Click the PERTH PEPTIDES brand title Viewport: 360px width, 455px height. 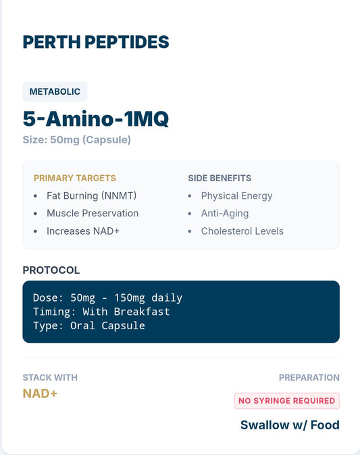[96, 42]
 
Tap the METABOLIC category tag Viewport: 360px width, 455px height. [55, 91]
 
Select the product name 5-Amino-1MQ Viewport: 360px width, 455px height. [96, 119]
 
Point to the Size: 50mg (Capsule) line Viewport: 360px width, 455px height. [76, 140]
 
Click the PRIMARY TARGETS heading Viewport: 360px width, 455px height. [74, 178]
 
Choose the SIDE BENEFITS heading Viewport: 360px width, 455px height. [220, 178]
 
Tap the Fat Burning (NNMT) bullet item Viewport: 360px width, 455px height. [92, 196]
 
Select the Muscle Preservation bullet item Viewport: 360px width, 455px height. [93, 214]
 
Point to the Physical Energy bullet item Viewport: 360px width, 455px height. [236, 196]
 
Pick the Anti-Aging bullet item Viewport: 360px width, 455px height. [225, 214]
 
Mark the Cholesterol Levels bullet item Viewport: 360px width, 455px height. [242, 231]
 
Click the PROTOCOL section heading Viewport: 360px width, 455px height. [51, 270]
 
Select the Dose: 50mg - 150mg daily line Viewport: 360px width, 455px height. [107, 297]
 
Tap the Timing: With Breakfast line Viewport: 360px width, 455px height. [101, 312]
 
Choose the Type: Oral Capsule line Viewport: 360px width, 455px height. [88, 326]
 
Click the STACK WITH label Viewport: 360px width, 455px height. [50, 377]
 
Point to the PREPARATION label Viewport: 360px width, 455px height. [309, 377]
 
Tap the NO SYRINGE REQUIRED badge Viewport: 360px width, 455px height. [286, 401]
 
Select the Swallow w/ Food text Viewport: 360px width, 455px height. [290, 425]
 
